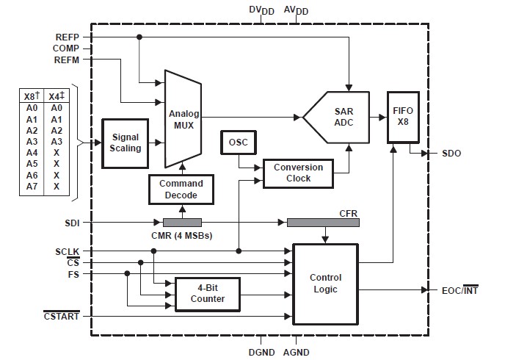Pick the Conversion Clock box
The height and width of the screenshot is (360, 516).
(298, 173)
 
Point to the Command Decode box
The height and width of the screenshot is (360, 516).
(181, 188)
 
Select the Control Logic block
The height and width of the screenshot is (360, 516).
(325, 284)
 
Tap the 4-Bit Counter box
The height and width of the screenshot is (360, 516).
(208, 294)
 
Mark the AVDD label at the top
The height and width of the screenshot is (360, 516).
(297, 10)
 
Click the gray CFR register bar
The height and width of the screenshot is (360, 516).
(321, 222)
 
